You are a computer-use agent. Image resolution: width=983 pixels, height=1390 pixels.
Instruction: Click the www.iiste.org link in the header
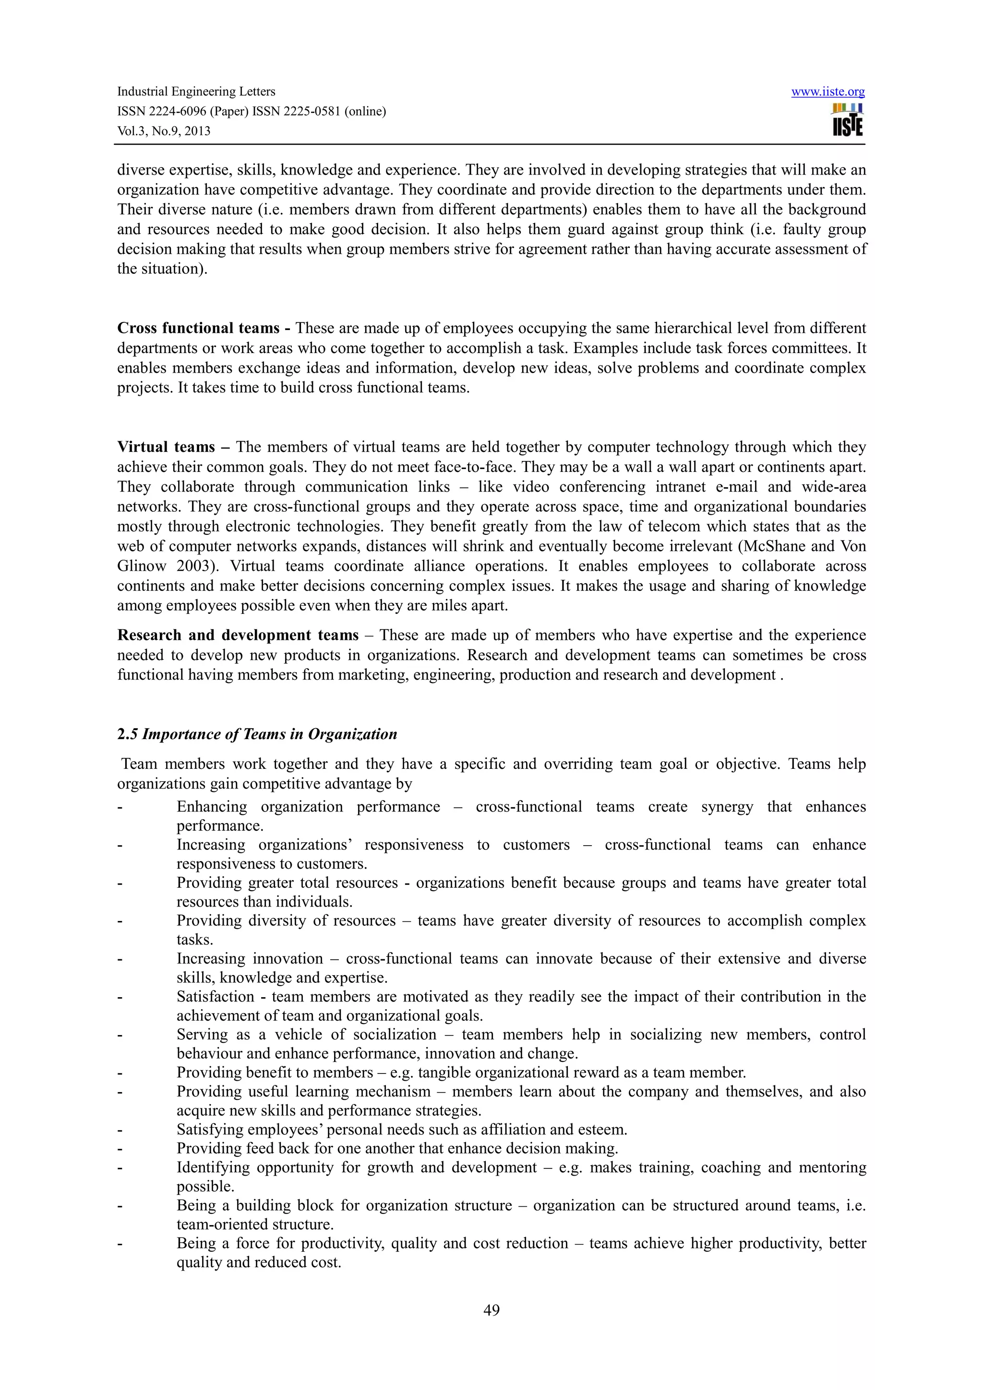827,92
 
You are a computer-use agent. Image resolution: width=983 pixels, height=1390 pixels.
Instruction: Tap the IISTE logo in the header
847,120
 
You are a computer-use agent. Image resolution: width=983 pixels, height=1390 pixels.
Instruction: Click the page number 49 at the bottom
491,1310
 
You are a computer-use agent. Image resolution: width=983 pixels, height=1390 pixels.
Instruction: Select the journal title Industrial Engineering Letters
196,92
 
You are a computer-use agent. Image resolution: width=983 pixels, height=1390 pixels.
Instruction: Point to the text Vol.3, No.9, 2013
164,131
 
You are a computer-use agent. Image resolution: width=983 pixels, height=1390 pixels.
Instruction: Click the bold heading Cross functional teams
198,328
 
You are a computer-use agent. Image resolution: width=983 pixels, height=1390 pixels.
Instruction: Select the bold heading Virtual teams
166,447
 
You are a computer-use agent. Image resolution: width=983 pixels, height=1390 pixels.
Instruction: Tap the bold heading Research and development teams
238,635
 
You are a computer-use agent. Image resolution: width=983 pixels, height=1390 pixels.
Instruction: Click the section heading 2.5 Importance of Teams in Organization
257,734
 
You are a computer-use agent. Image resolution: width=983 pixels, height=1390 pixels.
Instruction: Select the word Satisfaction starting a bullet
216,997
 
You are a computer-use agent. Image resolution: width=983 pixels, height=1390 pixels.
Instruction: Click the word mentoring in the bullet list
832,1167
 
